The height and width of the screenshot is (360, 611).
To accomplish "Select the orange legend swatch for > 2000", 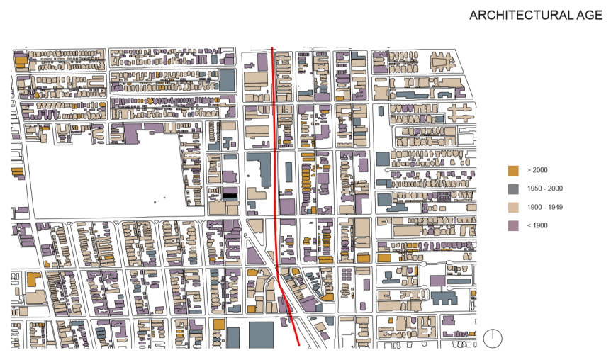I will pos(514,170).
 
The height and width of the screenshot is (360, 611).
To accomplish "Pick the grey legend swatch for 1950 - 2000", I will pos(514,189).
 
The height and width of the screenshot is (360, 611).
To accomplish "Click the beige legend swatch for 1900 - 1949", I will pos(514,207).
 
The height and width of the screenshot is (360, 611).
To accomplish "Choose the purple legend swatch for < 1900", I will pos(514,225).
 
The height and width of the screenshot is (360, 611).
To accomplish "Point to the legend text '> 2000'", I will pos(537,170).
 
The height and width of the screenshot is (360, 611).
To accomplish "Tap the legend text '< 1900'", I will pos(537,225).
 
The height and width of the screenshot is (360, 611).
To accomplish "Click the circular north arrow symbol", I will pos(493,339).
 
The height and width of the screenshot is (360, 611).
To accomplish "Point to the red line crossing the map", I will pos(274,142).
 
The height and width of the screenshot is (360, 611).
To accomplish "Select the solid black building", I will pos(231,193).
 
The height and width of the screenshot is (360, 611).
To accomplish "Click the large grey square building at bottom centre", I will pos(261,334).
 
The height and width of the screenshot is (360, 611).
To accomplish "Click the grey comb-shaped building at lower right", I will pos(446,298).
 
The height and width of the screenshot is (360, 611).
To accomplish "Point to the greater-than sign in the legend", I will pos(529,170).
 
